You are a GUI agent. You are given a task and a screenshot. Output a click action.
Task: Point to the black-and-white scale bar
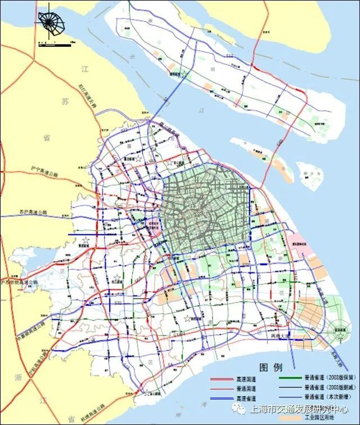pos(53,42)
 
